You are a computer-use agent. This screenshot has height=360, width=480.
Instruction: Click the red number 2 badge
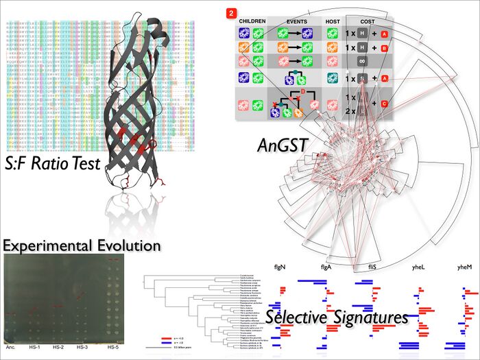point(230,12)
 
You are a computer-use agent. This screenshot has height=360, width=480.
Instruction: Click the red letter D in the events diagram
point(300,92)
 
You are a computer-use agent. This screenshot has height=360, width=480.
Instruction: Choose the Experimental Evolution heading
point(82,245)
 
